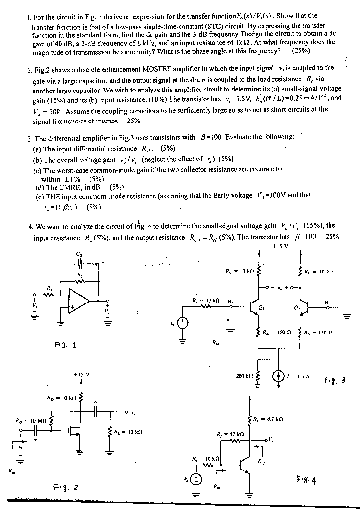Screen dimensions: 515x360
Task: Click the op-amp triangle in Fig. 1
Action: coord(79,302)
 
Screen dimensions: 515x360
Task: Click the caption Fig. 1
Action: coord(65,345)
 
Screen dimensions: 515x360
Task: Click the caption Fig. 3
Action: coord(336,380)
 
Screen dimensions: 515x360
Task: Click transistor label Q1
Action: coord(261,309)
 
